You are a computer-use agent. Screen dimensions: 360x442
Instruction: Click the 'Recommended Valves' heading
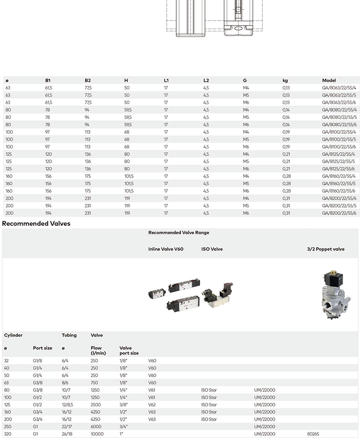(36, 224)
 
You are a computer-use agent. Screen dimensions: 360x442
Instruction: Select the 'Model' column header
(329, 80)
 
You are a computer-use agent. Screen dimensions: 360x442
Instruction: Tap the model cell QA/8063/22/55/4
(339, 88)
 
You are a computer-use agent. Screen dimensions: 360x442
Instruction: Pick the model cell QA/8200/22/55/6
(339, 213)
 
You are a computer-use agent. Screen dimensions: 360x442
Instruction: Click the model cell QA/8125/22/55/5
(338, 161)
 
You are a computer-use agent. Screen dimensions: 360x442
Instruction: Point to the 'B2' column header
(87, 80)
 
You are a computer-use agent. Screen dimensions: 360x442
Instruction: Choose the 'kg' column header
(285, 81)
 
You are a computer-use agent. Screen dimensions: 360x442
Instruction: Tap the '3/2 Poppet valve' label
(326, 249)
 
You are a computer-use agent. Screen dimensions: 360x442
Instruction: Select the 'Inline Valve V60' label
(165, 249)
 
